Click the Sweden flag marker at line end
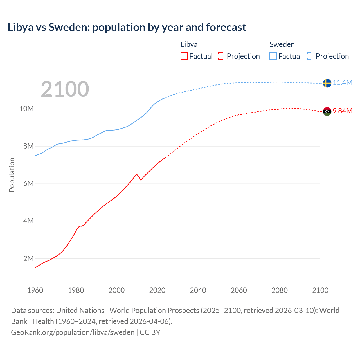[327, 83]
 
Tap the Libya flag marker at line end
[327, 112]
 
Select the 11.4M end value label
[343, 82]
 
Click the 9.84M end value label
[343, 111]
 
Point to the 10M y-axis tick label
[26, 109]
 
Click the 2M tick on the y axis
[28, 258]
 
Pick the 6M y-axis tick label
[28, 184]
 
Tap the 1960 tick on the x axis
[35, 290]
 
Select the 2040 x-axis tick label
[198, 290]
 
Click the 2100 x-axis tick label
[320, 290]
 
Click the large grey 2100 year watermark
[65, 89]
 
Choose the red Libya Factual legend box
[184, 56]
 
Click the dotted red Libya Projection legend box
[222, 56]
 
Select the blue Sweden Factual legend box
[273, 56]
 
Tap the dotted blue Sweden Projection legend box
[311, 56]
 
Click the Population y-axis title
[12, 175]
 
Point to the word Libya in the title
[20, 27]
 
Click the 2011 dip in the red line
[141, 180]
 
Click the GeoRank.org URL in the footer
[73, 332]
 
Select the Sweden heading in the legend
[282, 44]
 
